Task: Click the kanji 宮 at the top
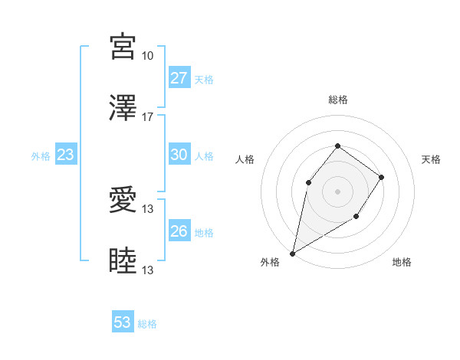(123, 47)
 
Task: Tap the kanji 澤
(123, 108)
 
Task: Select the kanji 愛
(123, 200)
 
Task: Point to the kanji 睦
(123, 261)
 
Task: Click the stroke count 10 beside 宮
(147, 56)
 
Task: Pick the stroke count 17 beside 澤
(147, 117)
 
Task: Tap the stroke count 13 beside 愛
(147, 209)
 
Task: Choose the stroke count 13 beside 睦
(147, 270)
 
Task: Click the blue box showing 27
(179, 78)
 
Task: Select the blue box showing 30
(179, 155)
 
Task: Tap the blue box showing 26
(179, 231)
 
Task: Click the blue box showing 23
(65, 155)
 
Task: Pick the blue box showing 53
(123, 322)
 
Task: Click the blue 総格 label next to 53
(147, 324)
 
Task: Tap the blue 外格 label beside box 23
(41, 156)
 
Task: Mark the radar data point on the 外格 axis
(292, 253)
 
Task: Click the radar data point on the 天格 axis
(381, 177)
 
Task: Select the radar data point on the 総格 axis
(337, 146)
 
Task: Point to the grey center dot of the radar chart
(337, 191)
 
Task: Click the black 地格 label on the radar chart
(402, 263)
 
